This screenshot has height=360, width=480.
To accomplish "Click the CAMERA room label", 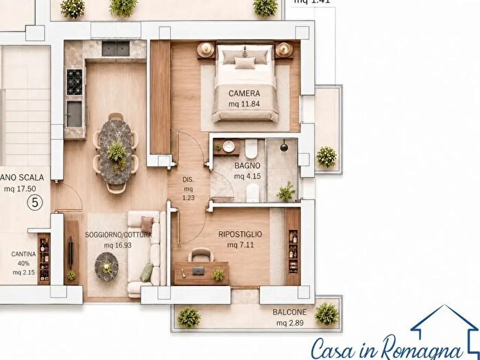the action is point(244,93).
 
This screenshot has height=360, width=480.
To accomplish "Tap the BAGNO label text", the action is point(248,166).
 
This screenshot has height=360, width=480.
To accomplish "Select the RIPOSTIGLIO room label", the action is point(240,235).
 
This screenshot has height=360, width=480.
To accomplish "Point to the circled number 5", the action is point(35,202).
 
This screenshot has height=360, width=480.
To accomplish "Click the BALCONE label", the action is point(289,312).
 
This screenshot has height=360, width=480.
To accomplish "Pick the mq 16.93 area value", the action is point(118,245).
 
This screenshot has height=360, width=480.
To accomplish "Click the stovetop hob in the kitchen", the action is point(74,82).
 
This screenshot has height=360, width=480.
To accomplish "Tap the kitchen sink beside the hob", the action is point(74,114).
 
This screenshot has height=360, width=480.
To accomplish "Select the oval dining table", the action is point(116,152).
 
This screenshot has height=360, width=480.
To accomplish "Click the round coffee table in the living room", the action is point(106,267).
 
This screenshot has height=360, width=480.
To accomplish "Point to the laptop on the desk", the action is point(198,271).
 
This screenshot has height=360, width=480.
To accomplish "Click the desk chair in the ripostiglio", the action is point(201,254).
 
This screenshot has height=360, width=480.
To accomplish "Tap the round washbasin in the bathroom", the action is point(228,147).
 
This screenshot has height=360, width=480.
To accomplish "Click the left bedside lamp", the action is point(206,49).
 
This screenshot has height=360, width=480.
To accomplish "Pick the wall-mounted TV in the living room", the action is point(71,252).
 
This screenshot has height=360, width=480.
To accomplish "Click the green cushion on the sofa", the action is point(147,272).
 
